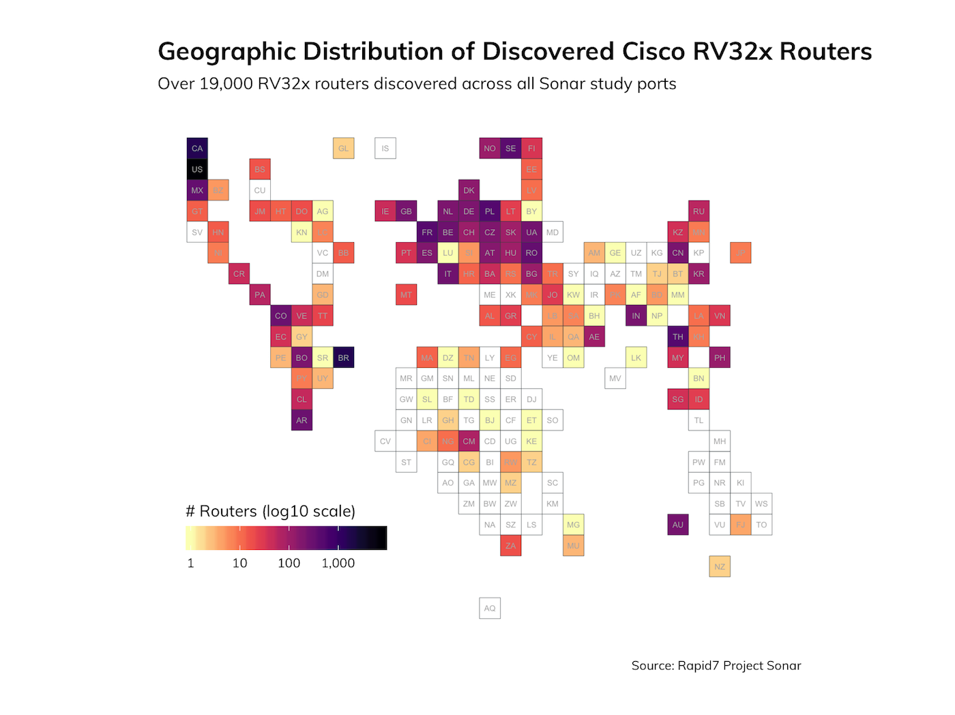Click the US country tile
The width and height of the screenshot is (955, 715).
click(197, 169)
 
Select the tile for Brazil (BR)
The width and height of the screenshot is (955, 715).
click(344, 357)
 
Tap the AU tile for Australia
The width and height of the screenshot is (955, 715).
click(678, 525)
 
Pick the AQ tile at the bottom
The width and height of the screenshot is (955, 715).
click(490, 608)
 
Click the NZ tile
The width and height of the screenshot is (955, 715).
click(720, 566)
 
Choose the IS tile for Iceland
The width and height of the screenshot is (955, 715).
click(385, 148)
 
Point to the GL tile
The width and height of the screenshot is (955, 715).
click(344, 148)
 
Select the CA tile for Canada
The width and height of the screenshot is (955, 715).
click(197, 148)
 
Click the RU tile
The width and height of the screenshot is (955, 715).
click(699, 211)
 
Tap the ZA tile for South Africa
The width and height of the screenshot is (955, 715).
click(511, 546)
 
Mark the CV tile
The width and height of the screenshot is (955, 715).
click(385, 441)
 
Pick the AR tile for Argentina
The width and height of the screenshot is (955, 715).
click(302, 420)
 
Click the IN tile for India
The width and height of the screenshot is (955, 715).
click(636, 316)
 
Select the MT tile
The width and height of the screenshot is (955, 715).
click(407, 295)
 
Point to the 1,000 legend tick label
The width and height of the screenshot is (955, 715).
click(338, 563)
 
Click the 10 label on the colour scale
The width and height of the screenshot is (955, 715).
click(239, 563)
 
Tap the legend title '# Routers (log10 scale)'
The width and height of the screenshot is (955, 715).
click(270, 511)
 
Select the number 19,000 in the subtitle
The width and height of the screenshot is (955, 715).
click(226, 84)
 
